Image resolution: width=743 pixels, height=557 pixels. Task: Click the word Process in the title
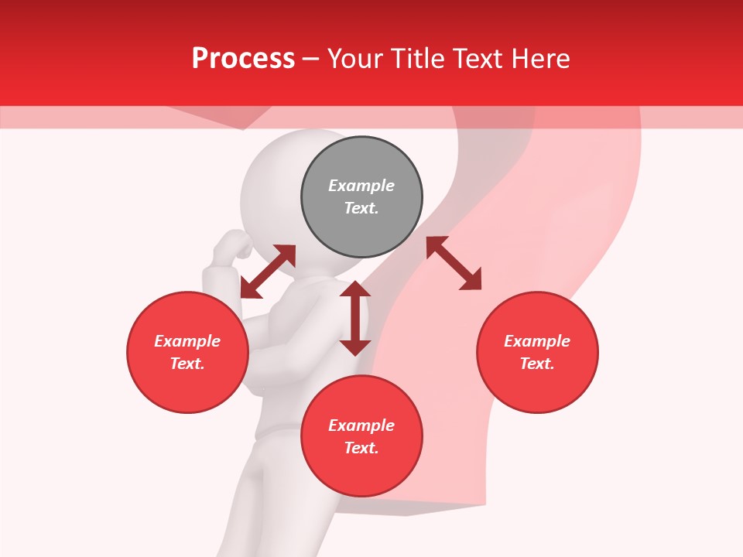pos(243,59)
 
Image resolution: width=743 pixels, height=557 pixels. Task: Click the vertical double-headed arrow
pos(355,318)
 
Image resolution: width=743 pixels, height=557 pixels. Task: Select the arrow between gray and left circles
pos(268,272)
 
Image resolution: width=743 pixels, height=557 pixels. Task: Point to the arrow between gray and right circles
pos(454,263)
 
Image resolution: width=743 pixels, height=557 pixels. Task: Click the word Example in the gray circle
pos(361,186)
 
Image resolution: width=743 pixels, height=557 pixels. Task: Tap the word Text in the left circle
pos(187,364)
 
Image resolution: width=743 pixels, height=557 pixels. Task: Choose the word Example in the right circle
pos(537,341)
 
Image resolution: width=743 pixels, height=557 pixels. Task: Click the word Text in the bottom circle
pos(361,448)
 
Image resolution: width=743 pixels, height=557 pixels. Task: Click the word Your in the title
pos(355,59)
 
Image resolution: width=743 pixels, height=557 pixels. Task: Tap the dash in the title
pos(311,59)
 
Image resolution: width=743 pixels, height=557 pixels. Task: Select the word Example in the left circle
pos(187,341)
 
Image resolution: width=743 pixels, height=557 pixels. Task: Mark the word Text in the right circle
pos(537,364)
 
